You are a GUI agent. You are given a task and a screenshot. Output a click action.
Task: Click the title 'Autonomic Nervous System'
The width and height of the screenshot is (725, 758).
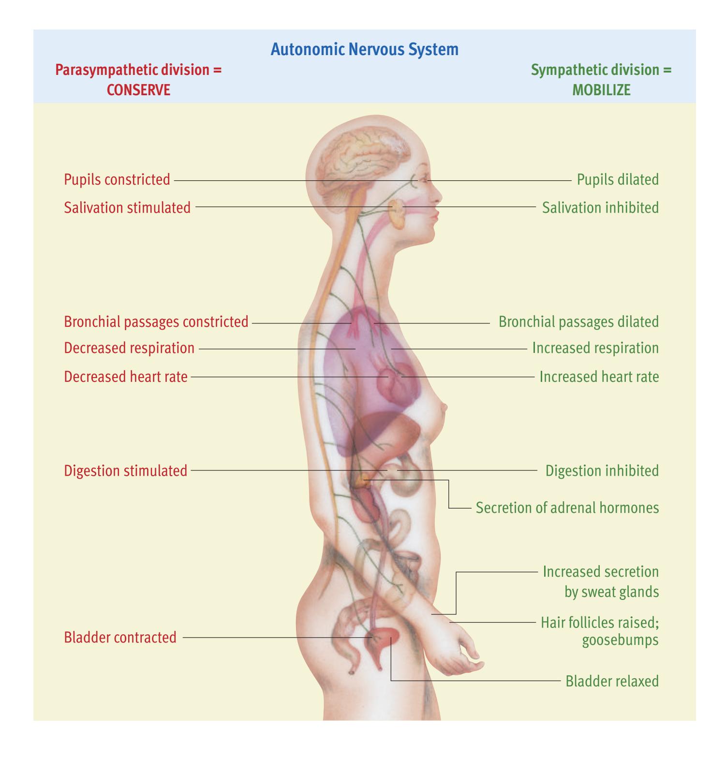point(364,49)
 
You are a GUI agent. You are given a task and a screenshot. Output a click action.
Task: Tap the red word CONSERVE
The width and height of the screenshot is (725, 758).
point(138,90)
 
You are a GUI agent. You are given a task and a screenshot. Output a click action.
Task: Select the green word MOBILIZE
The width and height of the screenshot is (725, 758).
point(601,90)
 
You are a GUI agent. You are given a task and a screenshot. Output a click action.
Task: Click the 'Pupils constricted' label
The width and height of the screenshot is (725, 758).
point(117,180)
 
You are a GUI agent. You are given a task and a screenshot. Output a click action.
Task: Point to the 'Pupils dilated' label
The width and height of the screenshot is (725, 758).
point(618,180)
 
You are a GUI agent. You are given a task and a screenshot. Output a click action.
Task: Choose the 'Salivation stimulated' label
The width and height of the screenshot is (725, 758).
point(127,208)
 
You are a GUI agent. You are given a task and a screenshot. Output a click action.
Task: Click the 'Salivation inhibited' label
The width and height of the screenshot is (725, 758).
point(600,208)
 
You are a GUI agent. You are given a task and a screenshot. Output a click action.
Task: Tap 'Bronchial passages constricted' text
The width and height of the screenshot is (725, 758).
point(156,322)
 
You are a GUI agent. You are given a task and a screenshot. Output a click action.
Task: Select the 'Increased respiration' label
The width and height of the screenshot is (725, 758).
point(595,348)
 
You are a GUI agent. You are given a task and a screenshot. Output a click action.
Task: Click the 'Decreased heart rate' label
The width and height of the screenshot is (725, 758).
point(126,377)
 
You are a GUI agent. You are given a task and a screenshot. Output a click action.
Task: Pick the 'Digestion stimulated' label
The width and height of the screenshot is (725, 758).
point(126,471)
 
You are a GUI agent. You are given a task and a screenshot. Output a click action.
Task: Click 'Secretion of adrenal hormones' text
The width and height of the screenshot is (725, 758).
point(567,508)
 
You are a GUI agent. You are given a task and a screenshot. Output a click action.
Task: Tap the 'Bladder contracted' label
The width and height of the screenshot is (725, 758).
point(120,638)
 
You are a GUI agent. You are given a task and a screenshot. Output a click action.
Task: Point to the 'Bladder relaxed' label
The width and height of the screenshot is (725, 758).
point(612,682)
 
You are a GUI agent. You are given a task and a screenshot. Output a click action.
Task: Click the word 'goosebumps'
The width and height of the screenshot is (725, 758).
point(620,641)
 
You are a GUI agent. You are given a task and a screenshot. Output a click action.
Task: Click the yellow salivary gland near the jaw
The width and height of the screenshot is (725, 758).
point(397,214)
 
